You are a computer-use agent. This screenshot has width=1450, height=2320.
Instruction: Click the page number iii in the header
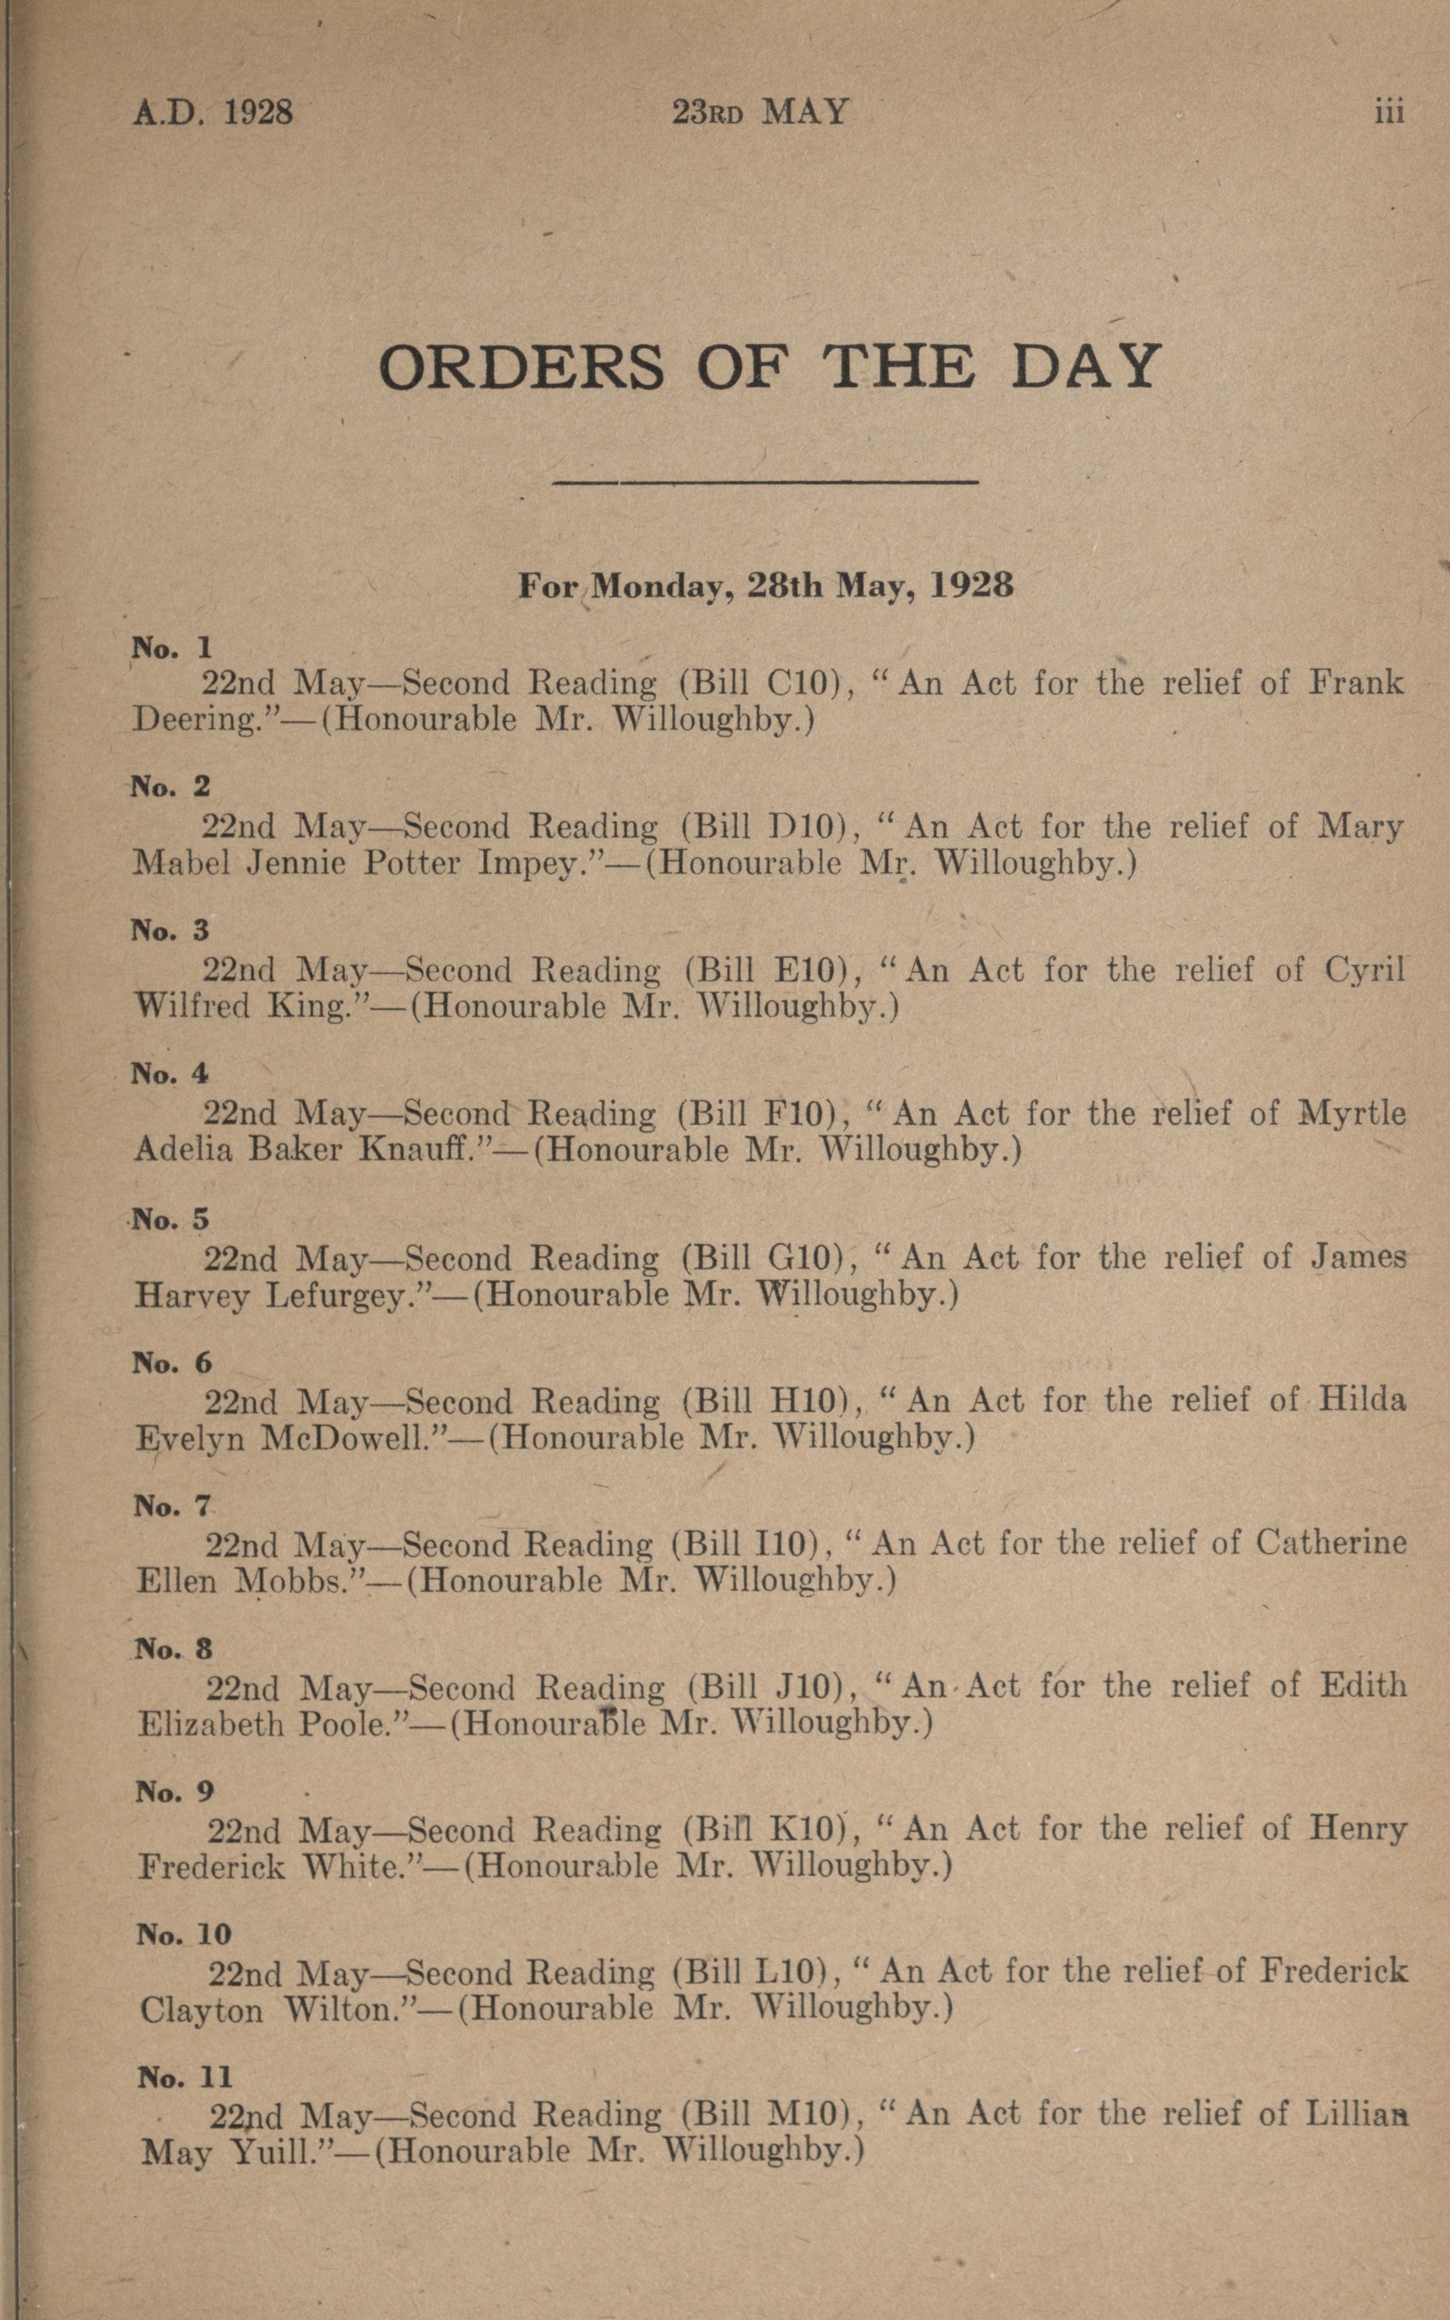[x=1388, y=113]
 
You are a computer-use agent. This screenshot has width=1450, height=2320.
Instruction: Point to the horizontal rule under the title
[x=765, y=481]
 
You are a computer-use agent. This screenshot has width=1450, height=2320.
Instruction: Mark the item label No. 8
[x=174, y=1649]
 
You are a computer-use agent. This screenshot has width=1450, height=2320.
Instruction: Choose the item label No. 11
[x=184, y=2078]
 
